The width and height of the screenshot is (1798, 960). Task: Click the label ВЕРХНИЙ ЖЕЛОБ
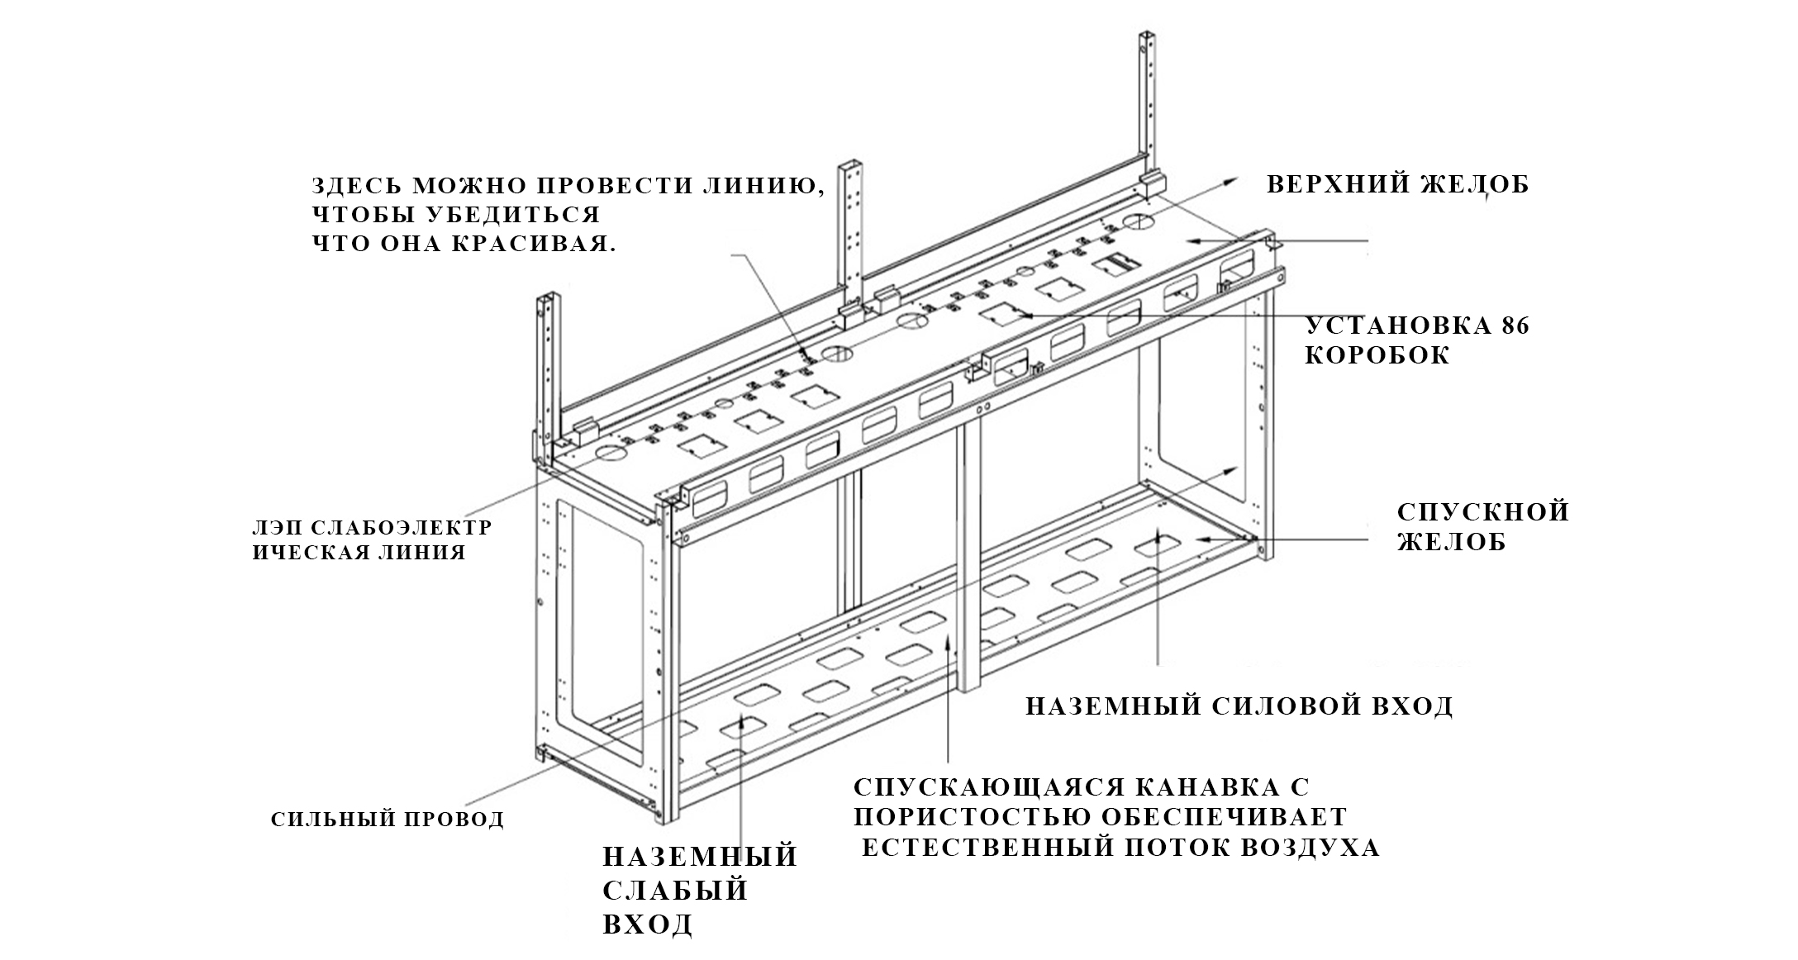[1397, 184]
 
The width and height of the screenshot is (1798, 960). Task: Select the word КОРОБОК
[1377, 356]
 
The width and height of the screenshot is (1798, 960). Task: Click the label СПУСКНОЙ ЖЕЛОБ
[1482, 526]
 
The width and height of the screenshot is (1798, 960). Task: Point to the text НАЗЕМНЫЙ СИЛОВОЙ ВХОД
[1239, 706]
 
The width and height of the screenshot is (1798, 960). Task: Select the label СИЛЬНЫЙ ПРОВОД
[388, 820]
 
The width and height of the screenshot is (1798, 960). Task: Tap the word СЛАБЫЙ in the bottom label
[675, 891]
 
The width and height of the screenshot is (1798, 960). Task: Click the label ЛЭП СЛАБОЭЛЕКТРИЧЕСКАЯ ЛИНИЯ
[371, 539]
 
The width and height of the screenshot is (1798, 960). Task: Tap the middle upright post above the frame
[854, 223]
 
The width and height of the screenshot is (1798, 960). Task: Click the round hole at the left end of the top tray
[612, 454]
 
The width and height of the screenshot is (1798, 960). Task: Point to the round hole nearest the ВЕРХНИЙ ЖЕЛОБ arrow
[1139, 221]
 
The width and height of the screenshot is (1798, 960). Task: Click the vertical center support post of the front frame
[969, 562]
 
